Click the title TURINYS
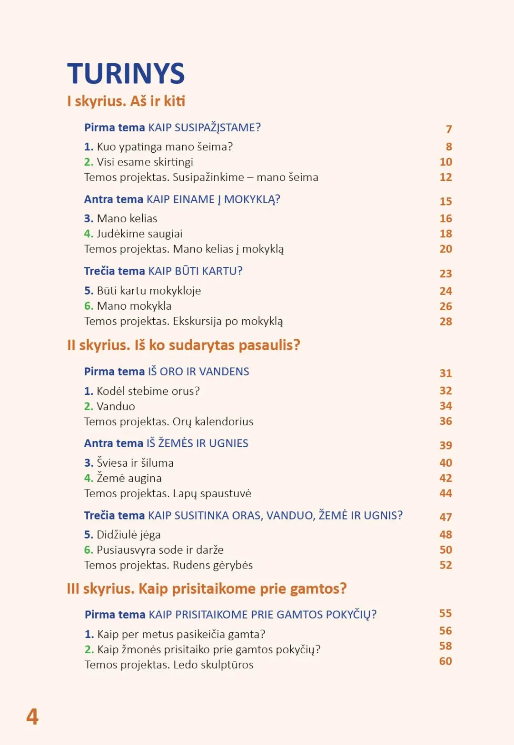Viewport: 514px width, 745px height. [126, 74]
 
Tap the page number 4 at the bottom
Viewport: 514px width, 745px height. [32, 716]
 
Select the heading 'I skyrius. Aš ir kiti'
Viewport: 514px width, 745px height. [126, 101]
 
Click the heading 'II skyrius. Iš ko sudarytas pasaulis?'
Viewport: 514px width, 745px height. [184, 345]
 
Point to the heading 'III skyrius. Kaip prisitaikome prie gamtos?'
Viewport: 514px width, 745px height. [207, 589]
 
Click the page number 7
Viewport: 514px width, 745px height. [449, 129]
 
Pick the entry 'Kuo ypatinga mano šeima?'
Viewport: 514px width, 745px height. [165, 147]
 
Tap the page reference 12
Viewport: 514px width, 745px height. [445, 177]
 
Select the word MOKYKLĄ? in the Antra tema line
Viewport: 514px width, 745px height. [252, 199]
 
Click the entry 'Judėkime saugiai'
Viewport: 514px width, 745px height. [139, 234]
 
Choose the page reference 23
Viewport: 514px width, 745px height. [445, 274]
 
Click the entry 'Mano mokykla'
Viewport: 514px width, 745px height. [134, 306]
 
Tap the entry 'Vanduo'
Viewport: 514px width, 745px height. [116, 406]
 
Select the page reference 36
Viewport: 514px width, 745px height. [445, 422]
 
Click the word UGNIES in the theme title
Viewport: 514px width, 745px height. [228, 443]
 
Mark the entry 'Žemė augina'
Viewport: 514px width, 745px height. [129, 478]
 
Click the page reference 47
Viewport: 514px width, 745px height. [445, 517]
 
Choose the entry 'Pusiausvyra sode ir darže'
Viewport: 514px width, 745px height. [160, 550]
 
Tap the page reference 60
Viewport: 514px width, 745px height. [445, 661]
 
